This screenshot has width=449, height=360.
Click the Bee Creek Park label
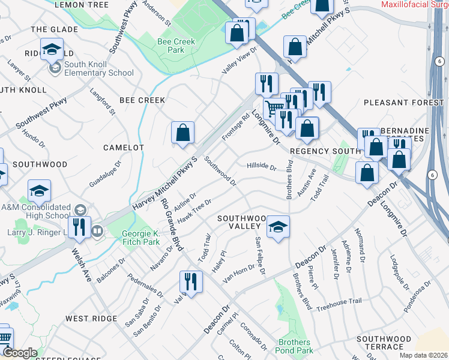click(x=171, y=46)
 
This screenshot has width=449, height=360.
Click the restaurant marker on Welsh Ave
click(x=79, y=227)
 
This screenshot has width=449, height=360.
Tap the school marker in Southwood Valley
click(x=278, y=227)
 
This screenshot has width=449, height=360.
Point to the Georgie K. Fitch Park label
click(x=140, y=238)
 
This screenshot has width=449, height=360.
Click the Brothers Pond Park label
click(x=295, y=346)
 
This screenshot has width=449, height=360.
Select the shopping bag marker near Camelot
click(x=182, y=133)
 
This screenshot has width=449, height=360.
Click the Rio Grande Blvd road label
click(x=172, y=223)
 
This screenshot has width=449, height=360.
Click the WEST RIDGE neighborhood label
click(x=90, y=318)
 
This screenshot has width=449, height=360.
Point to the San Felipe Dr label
click(x=259, y=256)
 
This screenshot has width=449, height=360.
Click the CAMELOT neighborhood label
click(x=124, y=147)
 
